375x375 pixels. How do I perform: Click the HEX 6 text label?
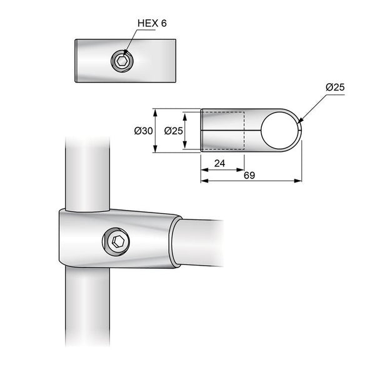coord(151,24)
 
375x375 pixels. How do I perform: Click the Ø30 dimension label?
coord(143,131)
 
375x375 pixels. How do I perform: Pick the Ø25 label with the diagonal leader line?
coord(335,87)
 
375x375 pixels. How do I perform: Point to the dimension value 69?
coord(249,176)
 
